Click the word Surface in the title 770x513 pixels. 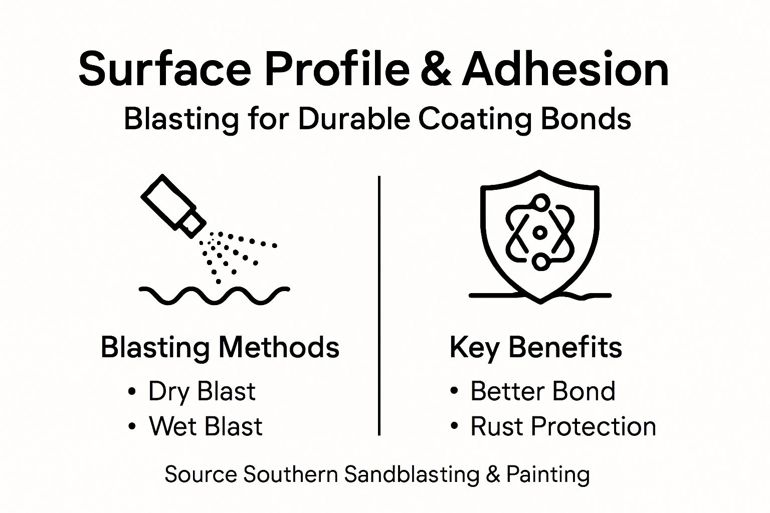(x=164, y=69)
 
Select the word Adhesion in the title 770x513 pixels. (x=565, y=69)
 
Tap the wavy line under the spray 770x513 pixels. (x=214, y=296)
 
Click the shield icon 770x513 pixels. (x=539, y=235)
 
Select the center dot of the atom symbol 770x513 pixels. (x=540, y=232)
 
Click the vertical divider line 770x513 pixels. (x=379, y=306)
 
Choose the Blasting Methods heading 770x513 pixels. (x=220, y=347)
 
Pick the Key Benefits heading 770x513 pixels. (x=535, y=347)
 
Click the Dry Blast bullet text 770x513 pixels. (x=202, y=391)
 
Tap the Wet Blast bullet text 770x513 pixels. (x=206, y=426)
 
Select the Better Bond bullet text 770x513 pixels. (x=542, y=391)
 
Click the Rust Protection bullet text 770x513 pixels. (x=563, y=426)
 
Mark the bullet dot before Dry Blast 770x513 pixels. (x=132, y=391)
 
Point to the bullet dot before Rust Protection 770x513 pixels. (x=454, y=426)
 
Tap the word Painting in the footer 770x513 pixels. (x=548, y=474)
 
